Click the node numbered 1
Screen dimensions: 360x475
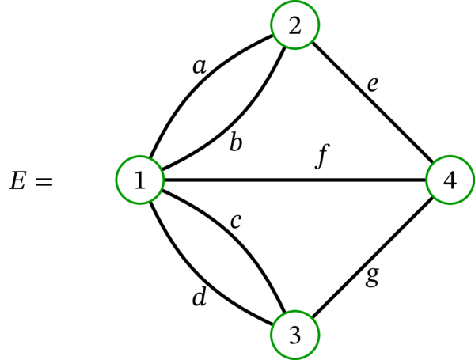coord(139,180)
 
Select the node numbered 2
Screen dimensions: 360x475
coord(294,25)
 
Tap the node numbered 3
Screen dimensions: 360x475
coord(294,335)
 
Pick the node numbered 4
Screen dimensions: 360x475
coord(450,180)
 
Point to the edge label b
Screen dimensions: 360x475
coord(236,143)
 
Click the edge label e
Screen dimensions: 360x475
coord(372,83)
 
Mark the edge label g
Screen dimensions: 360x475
coord(373,278)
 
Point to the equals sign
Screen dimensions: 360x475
coord(44,182)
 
